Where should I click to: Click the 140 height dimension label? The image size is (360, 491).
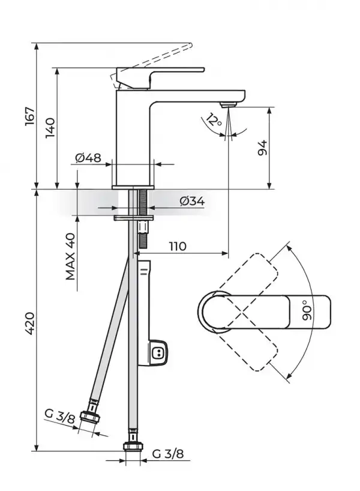pos(50,128)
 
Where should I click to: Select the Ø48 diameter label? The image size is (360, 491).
pos(88,158)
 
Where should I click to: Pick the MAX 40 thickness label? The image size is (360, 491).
pos(71,256)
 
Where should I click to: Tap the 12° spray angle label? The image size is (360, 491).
pos(213,119)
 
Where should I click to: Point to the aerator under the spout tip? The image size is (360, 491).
pos(227,106)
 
